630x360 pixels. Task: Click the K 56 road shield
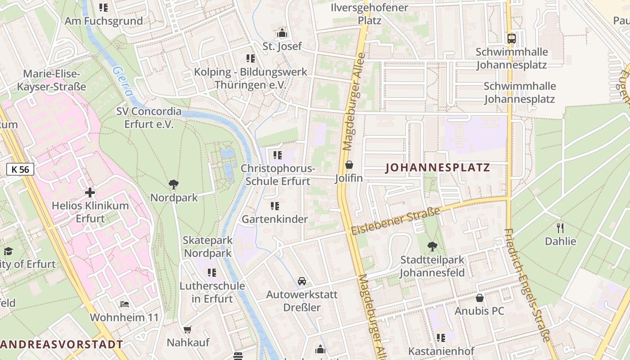tap(20, 169)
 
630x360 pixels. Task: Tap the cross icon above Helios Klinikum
tap(90, 193)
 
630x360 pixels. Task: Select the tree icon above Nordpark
tap(174, 184)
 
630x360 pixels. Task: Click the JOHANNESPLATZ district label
tap(438, 168)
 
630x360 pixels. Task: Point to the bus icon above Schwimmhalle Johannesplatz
tap(511, 38)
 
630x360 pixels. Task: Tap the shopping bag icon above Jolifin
tap(349, 165)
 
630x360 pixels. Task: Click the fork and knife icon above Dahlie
tap(560, 228)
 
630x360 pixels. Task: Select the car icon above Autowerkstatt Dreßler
tap(302, 281)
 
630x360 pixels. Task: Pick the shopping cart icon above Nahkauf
tap(188, 329)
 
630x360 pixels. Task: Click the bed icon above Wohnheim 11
tap(125, 304)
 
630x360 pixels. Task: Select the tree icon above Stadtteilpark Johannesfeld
tap(432, 246)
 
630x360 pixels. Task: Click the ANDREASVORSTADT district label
tap(62, 345)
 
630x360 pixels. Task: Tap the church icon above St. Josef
tap(282, 33)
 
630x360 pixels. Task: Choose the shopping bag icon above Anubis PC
tap(480, 298)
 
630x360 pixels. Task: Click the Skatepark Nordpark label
tap(207, 247)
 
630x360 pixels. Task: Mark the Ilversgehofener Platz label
tap(369, 14)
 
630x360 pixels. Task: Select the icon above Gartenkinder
tap(275, 206)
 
